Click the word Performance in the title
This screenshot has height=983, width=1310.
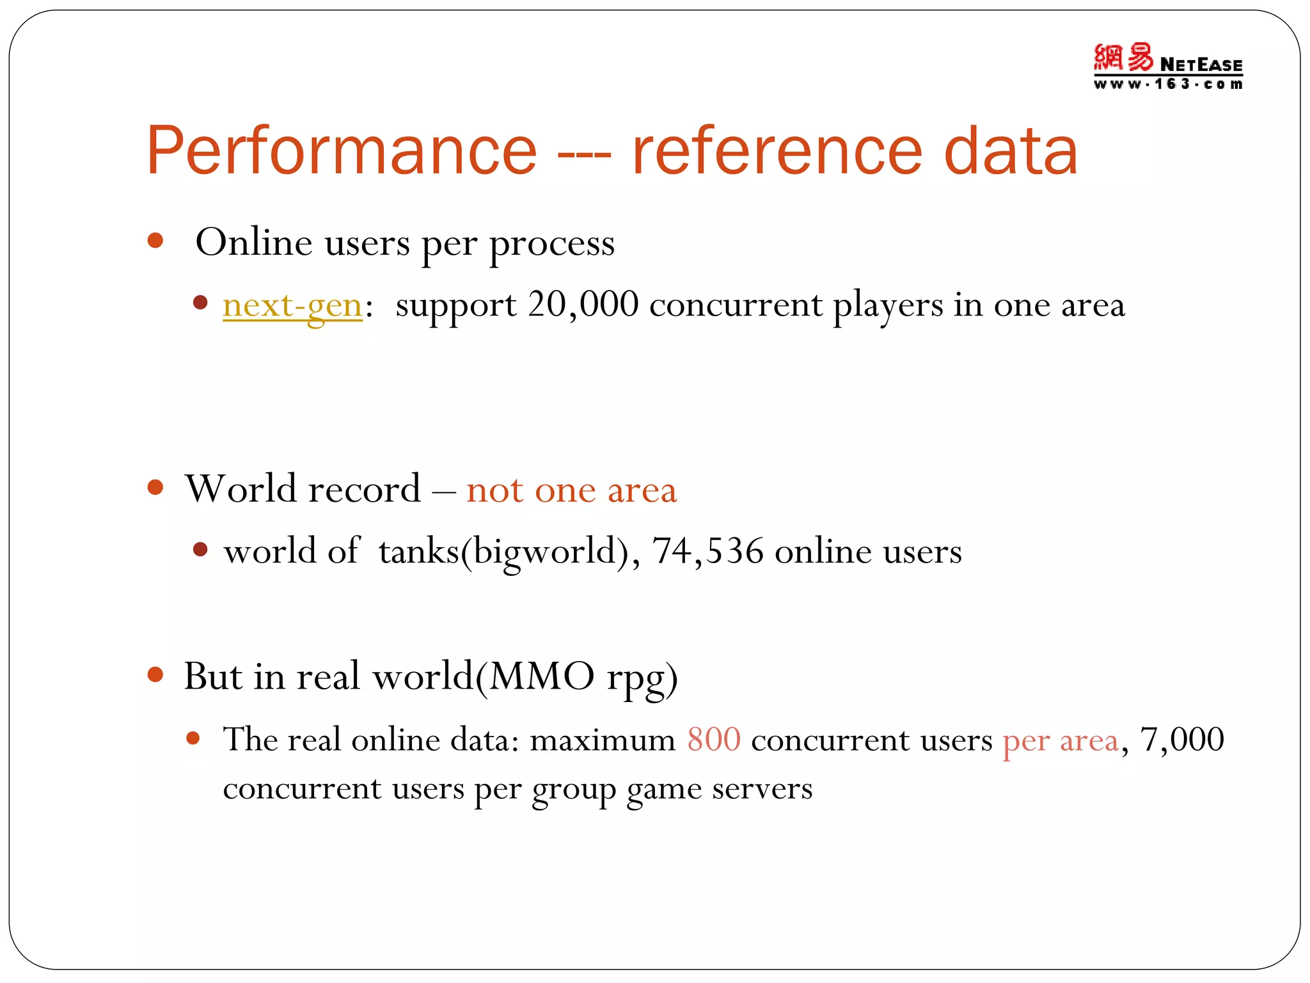coord(342,151)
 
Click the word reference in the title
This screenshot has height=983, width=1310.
coord(777,151)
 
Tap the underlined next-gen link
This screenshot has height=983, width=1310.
coord(292,305)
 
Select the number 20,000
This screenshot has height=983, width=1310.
coord(583,305)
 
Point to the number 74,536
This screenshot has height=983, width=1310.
coord(707,551)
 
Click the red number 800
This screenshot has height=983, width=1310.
coord(714,740)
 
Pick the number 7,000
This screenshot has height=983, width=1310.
coord(1182,740)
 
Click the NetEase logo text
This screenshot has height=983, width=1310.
coord(1201,65)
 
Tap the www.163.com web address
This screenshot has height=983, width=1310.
coord(1167,84)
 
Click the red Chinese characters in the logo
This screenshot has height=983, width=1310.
coord(1123,58)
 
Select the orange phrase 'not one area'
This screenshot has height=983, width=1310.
coord(571,490)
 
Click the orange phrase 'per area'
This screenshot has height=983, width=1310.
coord(1061,741)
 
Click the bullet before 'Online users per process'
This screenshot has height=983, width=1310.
coord(155,241)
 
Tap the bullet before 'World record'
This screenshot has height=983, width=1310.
coord(155,488)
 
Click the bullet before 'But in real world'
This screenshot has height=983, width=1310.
coord(155,675)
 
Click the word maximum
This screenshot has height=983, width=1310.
coord(602,741)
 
